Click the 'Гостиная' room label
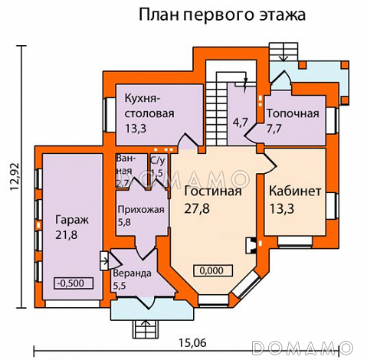click(213, 191)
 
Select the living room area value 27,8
click(198, 208)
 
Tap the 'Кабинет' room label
click(294, 190)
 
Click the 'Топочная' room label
click(292, 114)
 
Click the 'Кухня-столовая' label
click(150, 106)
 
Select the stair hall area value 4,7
click(240, 121)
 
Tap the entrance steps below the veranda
click(144, 329)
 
